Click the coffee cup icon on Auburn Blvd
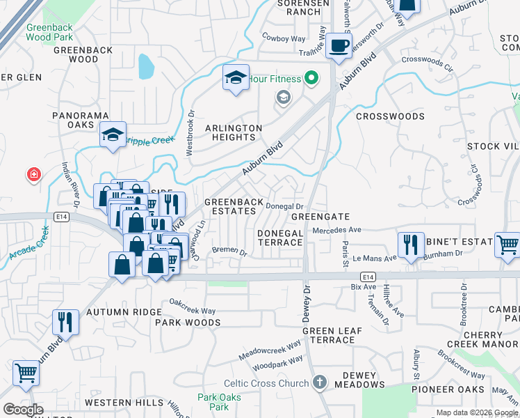pyautogui.click(x=339, y=46)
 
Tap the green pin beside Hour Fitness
pyautogui.click(x=311, y=79)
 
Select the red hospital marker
pyautogui.click(x=33, y=174)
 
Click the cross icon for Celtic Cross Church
pyautogui.click(x=319, y=382)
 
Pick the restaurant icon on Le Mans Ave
pyautogui.click(x=411, y=245)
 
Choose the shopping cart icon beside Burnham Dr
pyautogui.click(x=507, y=245)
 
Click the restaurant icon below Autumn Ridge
pyautogui.click(x=66, y=322)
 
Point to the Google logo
pyautogui.click(x=24, y=409)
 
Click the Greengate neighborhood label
pyautogui.click(x=319, y=217)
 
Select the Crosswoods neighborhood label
pyautogui.click(x=390, y=116)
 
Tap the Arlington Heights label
pyautogui.click(x=234, y=132)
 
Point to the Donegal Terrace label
pyautogui.click(x=280, y=237)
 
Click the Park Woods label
pyautogui.click(x=188, y=323)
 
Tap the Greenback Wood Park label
pyautogui.click(x=49, y=32)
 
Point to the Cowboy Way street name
pyautogui.click(x=283, y=38)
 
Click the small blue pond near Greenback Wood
pyautogui.click(x=146, y=66)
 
